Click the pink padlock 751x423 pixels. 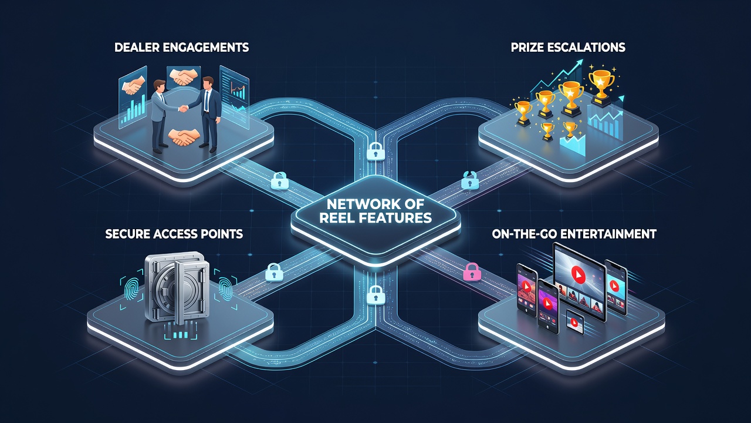472,272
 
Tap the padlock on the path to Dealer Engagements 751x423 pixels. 280,181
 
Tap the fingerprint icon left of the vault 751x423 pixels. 131,290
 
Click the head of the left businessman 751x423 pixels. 159,86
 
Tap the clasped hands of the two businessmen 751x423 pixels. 183,109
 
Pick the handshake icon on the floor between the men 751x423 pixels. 184,137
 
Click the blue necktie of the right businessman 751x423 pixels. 207,100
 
